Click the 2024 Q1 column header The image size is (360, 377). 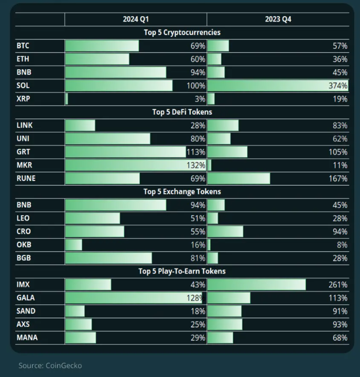[135, 19]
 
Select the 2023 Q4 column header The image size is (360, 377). [278, 19]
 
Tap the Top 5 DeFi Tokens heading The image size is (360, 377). [182, 112]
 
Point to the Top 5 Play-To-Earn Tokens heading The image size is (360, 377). [182, 272]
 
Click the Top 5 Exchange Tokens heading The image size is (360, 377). [182, 192]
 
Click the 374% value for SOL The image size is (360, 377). [338, 85]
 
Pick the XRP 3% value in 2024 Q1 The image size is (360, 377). [199, 99]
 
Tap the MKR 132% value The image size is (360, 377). [196, 165]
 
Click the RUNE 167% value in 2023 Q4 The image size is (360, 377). [338, 179]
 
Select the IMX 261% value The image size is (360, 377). [338, 285]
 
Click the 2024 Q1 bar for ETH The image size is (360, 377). [97, 59]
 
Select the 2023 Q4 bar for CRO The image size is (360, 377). [225, 232]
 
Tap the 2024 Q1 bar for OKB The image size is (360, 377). [73, 245]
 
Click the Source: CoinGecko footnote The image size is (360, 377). [50, 365]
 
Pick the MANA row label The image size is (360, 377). [27, 338]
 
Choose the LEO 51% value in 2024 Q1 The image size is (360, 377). [198, 218]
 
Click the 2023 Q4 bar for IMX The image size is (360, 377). [257, 285]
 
